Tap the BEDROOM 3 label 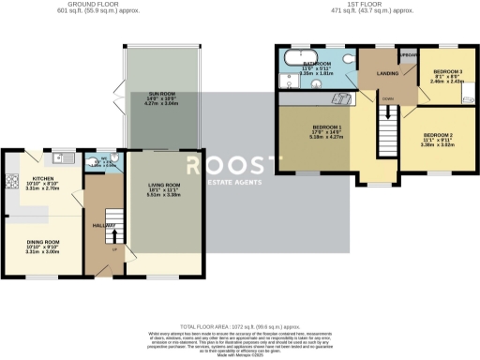point(448,71)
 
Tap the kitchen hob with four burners point(12,180)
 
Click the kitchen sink point(57,156)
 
